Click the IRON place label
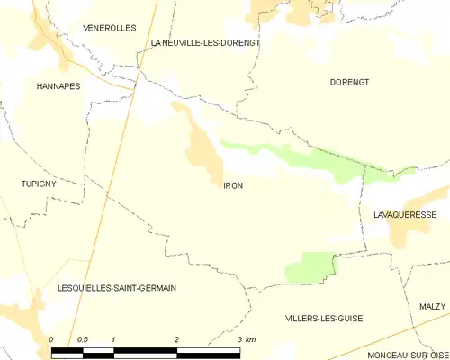tap(233, 185)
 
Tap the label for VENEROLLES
tap(109, 28)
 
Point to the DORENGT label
tap(349, 81)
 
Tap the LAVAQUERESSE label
tap(411, 216)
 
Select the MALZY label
tap(432, 307)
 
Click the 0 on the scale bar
tap(51, 339)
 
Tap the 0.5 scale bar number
tap(82, 339)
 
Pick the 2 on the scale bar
tap(176, 339)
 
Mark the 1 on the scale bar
tap(113, 339)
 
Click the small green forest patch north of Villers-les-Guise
tap(310, 266)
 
